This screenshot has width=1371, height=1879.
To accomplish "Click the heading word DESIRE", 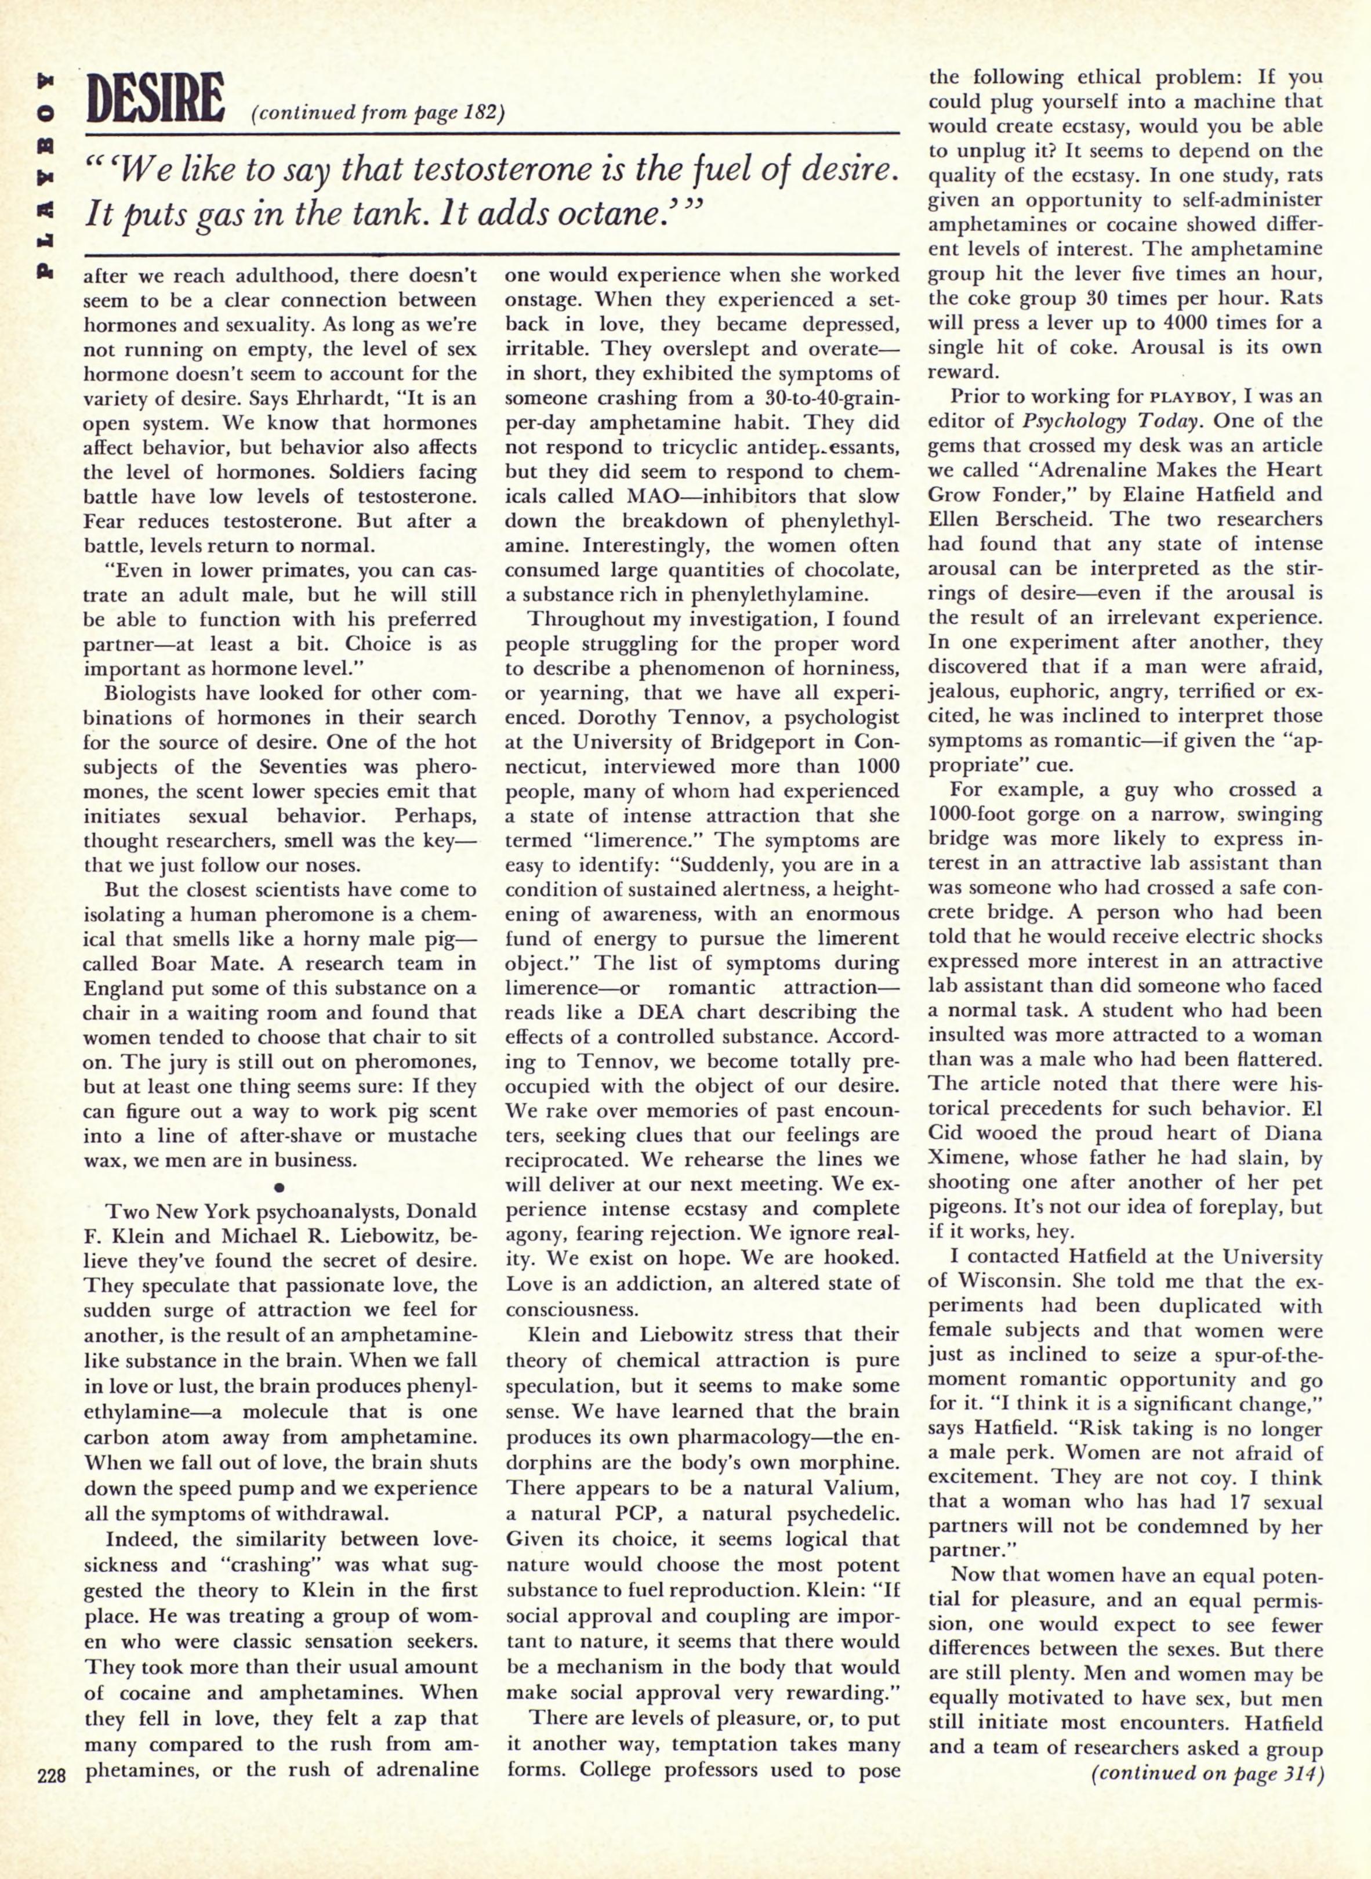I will [156, 99].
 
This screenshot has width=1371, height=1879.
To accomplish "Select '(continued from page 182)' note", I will [377, 113].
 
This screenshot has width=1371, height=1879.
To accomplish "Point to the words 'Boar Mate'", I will [173, 964].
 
